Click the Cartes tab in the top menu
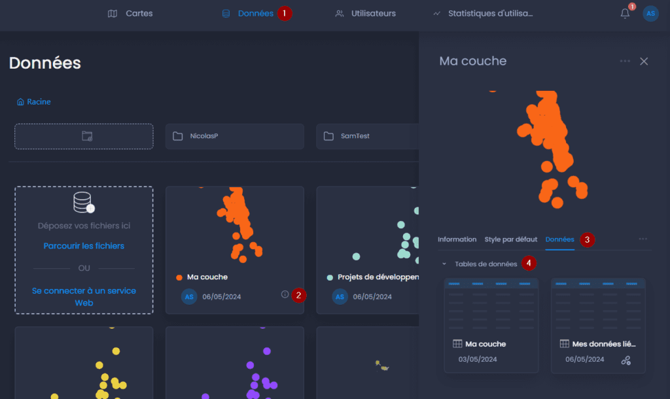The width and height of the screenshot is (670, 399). point(130,14)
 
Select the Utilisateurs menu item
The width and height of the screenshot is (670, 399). point(365,14)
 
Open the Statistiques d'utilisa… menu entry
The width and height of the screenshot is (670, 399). point(483,14)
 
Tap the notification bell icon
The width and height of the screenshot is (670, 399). point(625,14)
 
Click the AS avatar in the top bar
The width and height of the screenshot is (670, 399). point(650,14)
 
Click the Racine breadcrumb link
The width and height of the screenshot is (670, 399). point(34,101)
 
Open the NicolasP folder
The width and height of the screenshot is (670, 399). point(235,136)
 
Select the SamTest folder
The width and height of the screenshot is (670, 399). point(368,136)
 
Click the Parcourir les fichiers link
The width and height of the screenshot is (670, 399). point(84,246)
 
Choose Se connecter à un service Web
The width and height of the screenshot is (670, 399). point(84,296)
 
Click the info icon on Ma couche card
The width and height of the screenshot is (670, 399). point(285,294)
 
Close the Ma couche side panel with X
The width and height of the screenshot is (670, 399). point(644,61)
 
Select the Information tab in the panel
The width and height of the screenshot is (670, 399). point(457,239)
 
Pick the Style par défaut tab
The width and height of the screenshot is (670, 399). point(510,239)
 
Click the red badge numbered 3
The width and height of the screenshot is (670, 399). point(587,239)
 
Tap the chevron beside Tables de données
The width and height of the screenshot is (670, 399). point(444,264)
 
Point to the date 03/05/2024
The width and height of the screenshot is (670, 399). point(478,359)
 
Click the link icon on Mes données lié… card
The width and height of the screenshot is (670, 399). point(626,360)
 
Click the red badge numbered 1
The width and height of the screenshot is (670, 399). point(285,13)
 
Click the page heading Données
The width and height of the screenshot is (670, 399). point(45,63)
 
